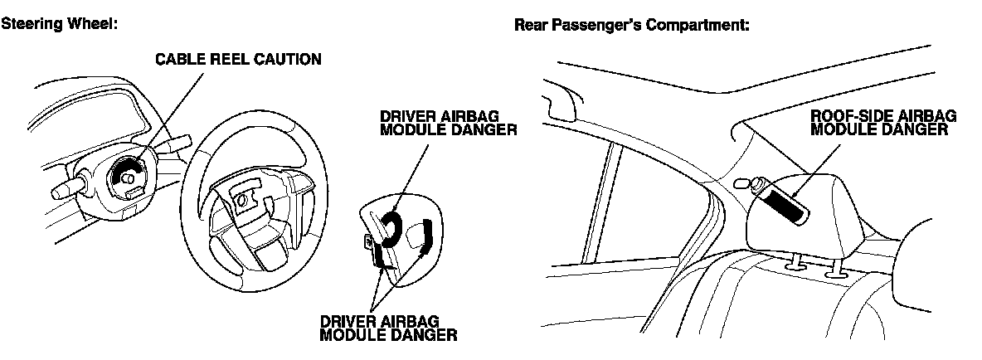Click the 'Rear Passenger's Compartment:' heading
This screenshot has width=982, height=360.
click(x=632, y=25)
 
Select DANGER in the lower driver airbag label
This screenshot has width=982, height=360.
click(x=421, y=335)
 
